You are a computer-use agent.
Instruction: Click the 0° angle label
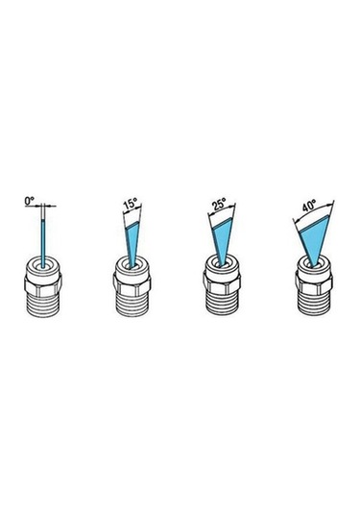click(29, 201)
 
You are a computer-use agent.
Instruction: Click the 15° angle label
click(130, 205)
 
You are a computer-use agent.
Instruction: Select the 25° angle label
click(219, 205)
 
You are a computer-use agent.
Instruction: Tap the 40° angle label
click(309, 206)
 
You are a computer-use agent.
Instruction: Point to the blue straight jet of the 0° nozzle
click(43, 242)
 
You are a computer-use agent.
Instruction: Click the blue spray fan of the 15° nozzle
click(132, 243)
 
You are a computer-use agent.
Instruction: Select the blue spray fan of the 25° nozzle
click(223, 241)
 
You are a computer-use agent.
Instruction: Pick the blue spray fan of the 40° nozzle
click(314, 240)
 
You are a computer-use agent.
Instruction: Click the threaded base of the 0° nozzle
click(43, 306)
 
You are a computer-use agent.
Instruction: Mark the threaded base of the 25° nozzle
click(222, 304)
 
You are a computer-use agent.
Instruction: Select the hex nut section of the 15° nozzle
click(132, 286)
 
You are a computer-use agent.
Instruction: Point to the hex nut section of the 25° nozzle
click(222, 282)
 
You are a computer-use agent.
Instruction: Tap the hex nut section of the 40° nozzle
click(314, 282)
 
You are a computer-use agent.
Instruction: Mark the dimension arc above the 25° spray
click(222, 208)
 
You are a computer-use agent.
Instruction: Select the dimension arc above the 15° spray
click(132, 208)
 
